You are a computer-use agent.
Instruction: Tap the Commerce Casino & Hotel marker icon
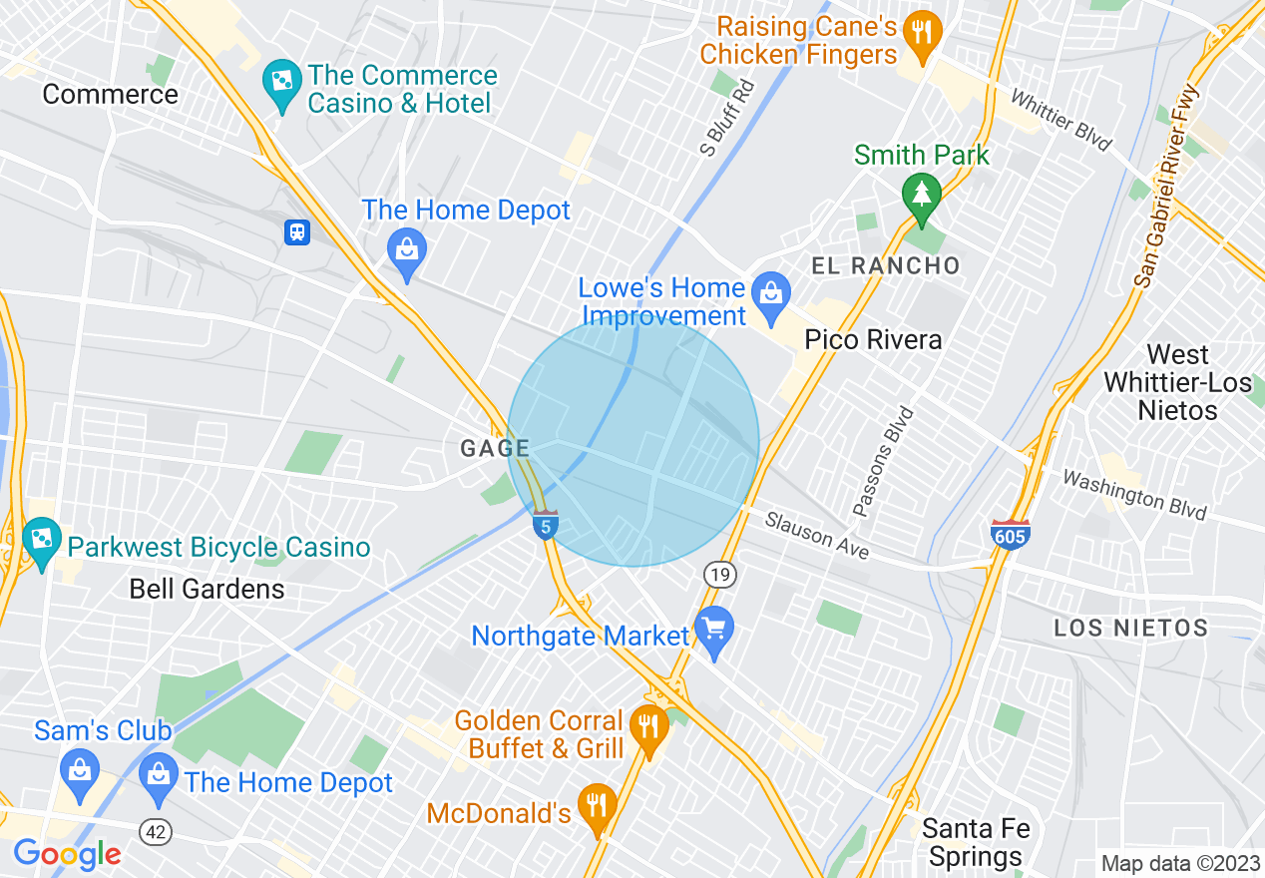tap(281, 79)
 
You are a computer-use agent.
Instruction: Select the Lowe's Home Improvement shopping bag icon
tap(770, 293)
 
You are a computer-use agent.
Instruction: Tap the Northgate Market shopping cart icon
tap(714, 628)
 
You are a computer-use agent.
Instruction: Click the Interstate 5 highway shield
tap(545, 525)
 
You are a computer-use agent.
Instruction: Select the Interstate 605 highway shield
tap(1010, 536)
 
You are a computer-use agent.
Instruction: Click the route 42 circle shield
tap(156, 833)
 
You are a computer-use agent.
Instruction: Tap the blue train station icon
tap(297, 232)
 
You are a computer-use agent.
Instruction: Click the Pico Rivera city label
tap(873, 339)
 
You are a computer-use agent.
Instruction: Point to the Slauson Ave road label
tap(817, 536)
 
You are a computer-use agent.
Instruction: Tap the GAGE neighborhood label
tap(494, 449)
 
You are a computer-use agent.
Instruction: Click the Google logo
tap(68, 854)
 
